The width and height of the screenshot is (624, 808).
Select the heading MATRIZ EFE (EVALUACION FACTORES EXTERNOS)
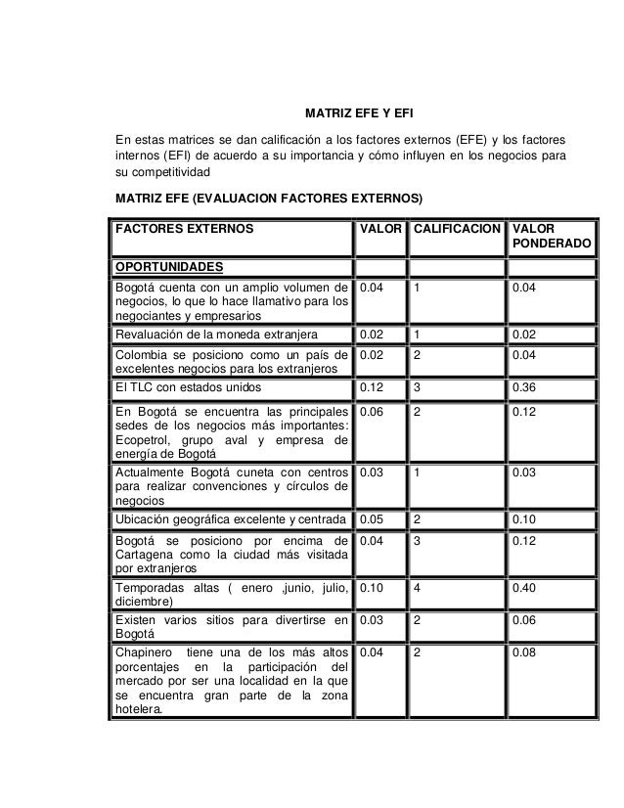(269, 200)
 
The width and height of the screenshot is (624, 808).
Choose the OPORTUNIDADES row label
(169, 267)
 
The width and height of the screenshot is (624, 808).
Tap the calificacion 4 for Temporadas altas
(417, 590)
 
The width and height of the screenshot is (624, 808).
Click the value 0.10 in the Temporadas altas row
(372, 590)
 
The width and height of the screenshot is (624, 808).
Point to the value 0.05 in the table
(372, 517)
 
